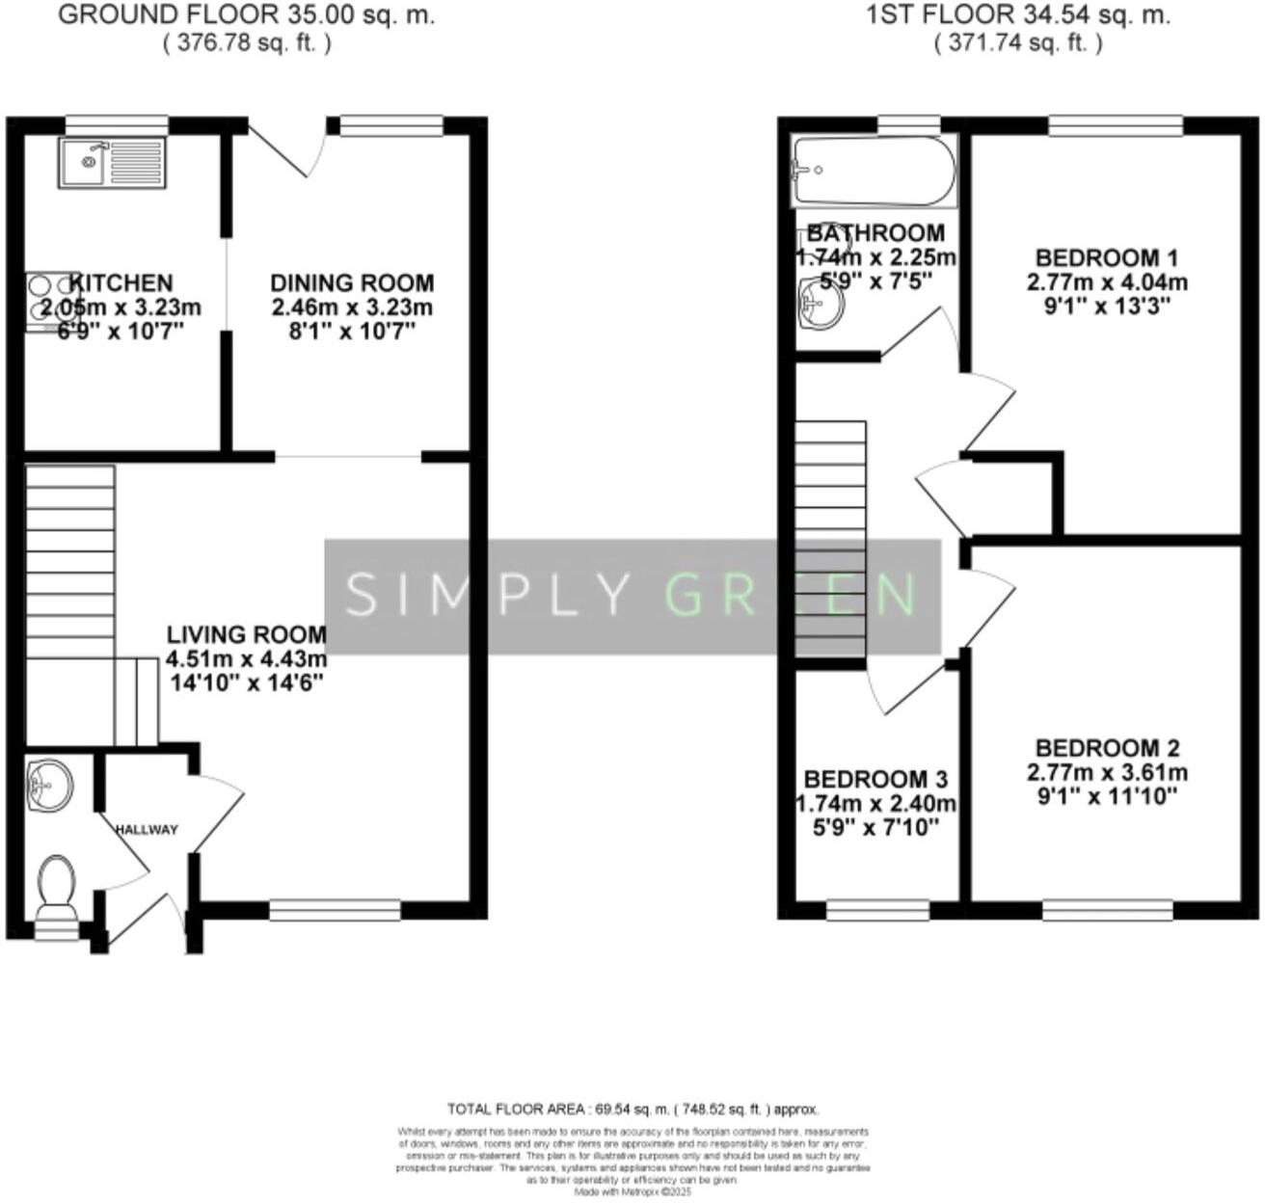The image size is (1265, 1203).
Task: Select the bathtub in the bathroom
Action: pos(873,171)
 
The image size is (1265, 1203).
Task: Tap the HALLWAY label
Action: pos(147,830)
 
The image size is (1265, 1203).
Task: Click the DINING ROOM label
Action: pos(352,283)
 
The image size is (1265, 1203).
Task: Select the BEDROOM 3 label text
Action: pos(875,779)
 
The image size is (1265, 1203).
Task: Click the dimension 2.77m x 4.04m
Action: pos(1107,283)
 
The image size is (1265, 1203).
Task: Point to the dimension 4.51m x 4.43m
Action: pos(247,660)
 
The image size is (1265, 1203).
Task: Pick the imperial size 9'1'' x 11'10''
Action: pos(1107,797)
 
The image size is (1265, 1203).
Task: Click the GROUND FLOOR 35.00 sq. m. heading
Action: pos(247,15)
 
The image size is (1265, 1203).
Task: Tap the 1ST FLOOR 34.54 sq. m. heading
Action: pos(1018,15)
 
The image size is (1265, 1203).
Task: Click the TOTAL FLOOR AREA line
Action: pos(632,1109)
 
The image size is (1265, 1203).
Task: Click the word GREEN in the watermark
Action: pos(791,595)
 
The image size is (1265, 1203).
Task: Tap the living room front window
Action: pos(335,909)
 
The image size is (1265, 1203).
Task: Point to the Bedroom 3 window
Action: pos(877,909)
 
